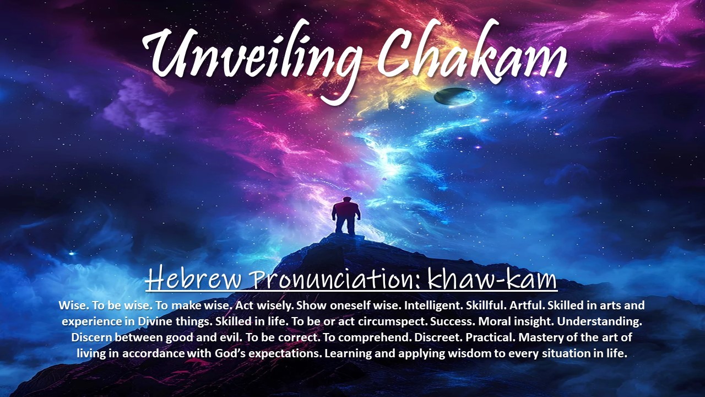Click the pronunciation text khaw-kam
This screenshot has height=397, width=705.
(x=492, y=278)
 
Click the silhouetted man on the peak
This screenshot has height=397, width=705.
(x=346, y=216)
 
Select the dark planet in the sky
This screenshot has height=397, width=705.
(x=455, y=96)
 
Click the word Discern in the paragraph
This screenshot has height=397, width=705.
(x=91, y=337)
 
